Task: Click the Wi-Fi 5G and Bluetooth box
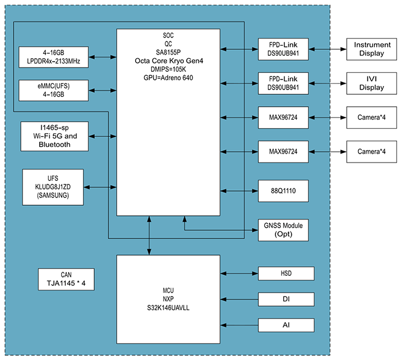[x=54, y=136]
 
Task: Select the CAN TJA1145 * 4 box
[x=66, y=279]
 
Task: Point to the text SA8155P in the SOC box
[x=169, y=52]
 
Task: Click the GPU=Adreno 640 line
[x=169, y=78]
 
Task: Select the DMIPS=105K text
[x=169, y=69]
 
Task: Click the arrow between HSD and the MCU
[x=239, y=273]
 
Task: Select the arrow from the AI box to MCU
[x=239, y=325]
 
